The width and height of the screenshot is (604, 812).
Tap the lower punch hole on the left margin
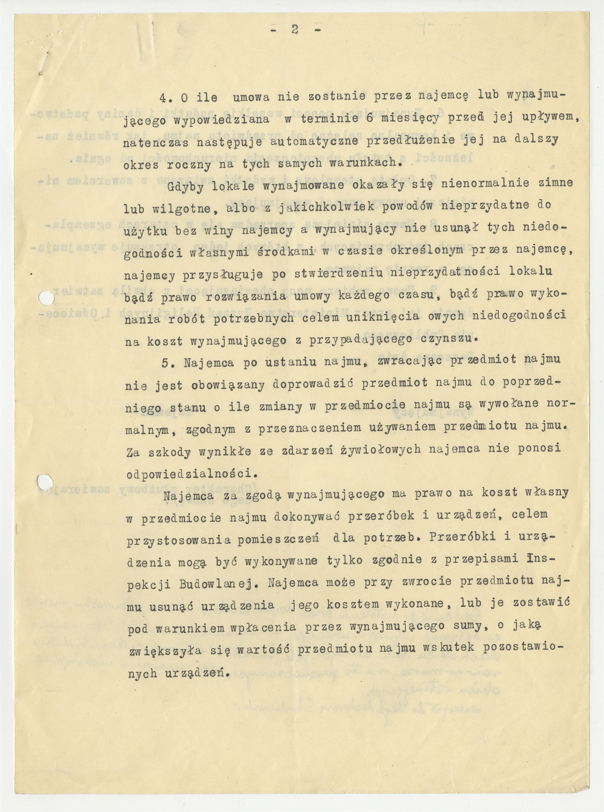(x=46, y=480)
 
